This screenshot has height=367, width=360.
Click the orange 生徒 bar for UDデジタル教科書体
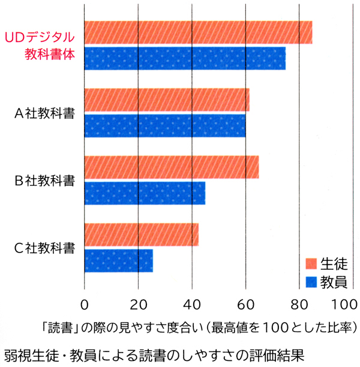tap(198, 32)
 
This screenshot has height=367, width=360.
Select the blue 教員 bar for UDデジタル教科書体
tap(185, 58)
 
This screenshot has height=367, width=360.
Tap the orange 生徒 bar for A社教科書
tap(167, 100)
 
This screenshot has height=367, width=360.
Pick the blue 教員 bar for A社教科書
tap(165, 125)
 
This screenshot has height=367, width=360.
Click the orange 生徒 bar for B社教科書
tap(172, 167)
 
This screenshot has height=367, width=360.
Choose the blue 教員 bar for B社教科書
tap(145, 192)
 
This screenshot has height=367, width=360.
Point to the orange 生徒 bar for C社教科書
tap(141, 234)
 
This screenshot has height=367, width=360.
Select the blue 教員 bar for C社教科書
tap(119, 260)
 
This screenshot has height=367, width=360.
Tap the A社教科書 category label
tap(44, 114)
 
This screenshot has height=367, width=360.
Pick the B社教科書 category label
tap(44, 180)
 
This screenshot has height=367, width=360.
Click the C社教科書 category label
tap(44, 247)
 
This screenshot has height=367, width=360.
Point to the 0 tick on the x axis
tap(85, 302)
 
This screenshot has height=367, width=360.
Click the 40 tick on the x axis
tap(192, 302)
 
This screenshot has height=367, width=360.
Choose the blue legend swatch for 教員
tap(311, 281)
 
